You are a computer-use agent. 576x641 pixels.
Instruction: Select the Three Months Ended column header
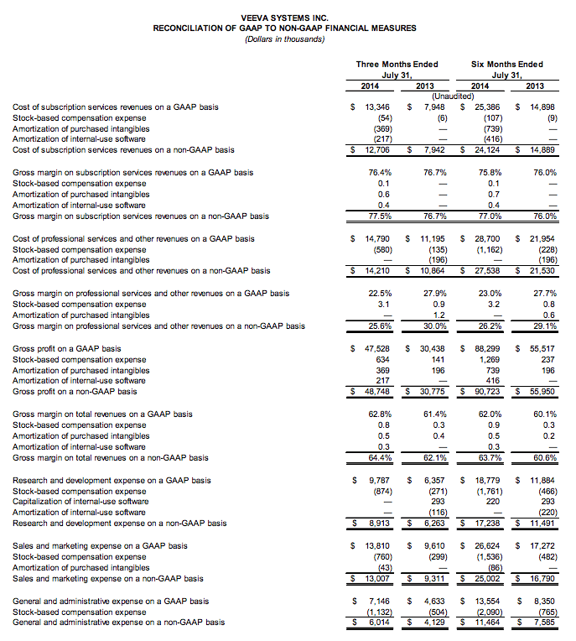point(385,65)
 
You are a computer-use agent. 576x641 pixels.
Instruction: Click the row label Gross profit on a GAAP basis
point(67,348)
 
